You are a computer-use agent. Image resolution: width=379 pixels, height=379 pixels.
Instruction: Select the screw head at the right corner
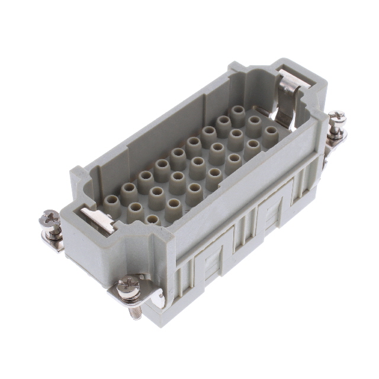[x=338, y=117]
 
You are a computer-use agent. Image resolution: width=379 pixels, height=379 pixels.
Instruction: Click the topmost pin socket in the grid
[x=238, y=113]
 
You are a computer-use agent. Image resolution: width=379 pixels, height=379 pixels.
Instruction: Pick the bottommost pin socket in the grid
[x=152, y=221]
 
